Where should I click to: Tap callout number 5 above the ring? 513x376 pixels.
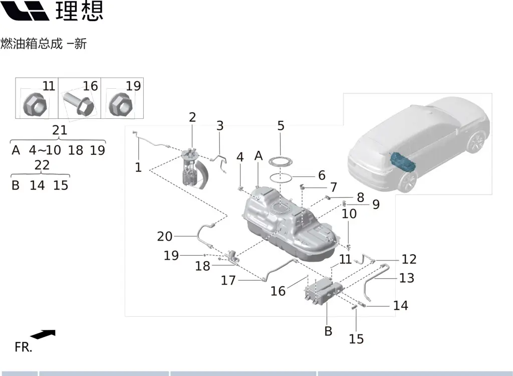[281, 125]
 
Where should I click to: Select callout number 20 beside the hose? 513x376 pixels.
[164, 236]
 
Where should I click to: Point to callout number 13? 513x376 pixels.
[407, 277]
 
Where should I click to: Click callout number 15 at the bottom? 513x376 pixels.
[356, 339]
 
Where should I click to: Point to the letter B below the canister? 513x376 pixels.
[328, 331]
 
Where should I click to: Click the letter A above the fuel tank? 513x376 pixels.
[259, 156]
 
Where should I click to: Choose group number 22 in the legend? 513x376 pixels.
[42, 165]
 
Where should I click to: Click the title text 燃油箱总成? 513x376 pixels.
[32, 44]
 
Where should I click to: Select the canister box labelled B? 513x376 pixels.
[324, 291]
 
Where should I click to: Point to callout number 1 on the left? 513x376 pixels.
[138, 167]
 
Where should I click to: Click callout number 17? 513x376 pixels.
[228, 280]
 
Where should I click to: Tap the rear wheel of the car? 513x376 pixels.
[408, 181]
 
